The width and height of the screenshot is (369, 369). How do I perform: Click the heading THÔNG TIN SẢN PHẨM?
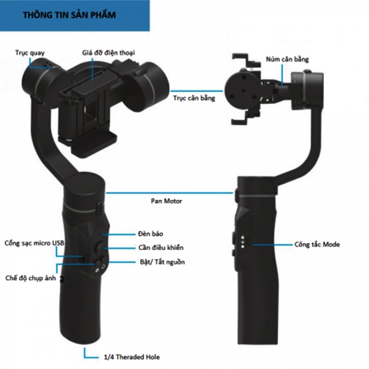pyautogui.click(x=69, y=15)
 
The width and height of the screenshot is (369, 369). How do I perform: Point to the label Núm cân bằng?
pyautogui.click(x=287, y=60)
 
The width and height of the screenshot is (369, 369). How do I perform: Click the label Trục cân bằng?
pyautogui.click(x=194, y=98)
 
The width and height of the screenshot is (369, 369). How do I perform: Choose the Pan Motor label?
pyautogui.click(x=167, y=201)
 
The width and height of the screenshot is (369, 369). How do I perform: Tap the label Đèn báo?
pyautogui.click(x=150, y=234)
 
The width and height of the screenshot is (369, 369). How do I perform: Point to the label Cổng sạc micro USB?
pyautogui.click(x=34, y=243)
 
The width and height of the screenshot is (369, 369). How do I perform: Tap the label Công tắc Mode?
pyautogui.click(x=317, y=244)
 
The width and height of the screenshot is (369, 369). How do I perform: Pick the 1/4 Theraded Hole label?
pyautogui.click(x=132, y=357)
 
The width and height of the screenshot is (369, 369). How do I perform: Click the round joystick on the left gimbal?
pyautogui.click(x=100, y=248)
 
